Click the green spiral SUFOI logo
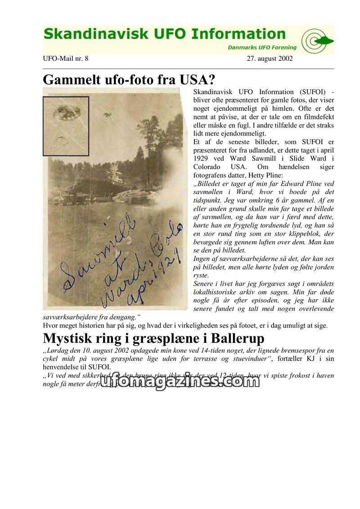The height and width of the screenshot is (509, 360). [x=317, y=41]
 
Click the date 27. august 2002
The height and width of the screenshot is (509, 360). [x=270, y=59]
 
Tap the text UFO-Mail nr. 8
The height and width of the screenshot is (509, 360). [x=66, y=59]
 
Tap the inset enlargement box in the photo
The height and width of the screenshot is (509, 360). [x=66, y=126]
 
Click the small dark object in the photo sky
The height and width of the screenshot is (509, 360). [x=107, y=115]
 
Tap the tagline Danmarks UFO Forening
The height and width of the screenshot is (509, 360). [x=262, y=47]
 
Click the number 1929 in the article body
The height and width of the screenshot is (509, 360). [x=202, y=158]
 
